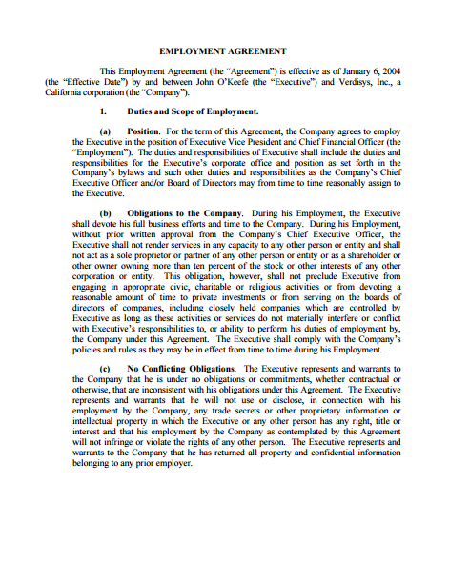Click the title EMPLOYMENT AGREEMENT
(223, 49)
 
